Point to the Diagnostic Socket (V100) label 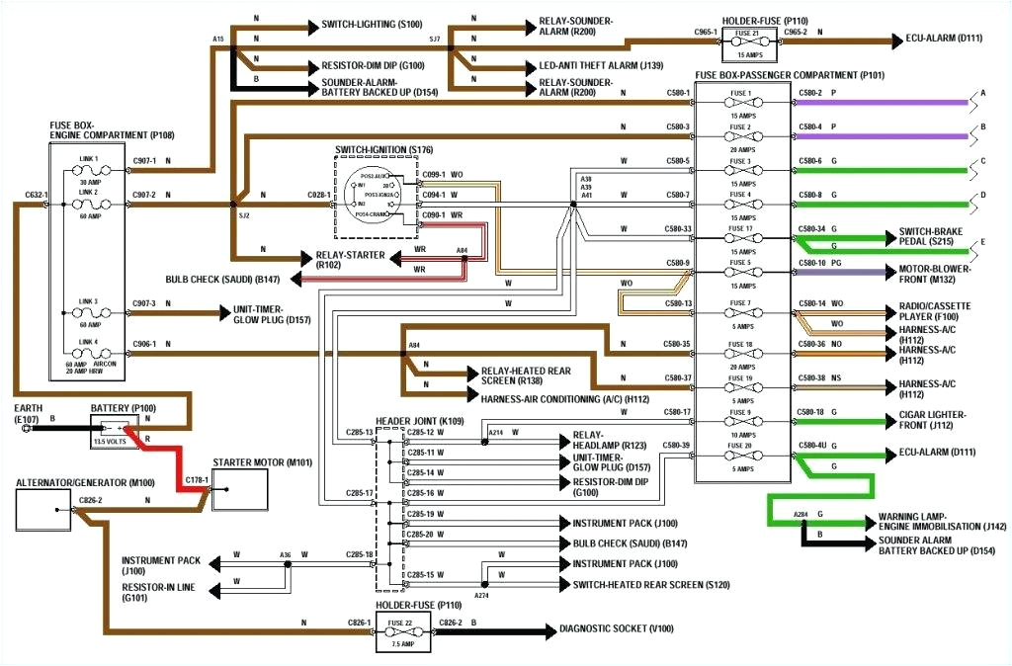[617, 629]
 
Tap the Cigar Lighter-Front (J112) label [933, 420]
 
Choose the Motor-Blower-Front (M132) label [935, 274]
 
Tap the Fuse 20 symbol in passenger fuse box [741, 455]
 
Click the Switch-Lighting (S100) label [357, 24]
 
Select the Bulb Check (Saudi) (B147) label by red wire [223, 280]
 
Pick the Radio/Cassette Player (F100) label [934, 312]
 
